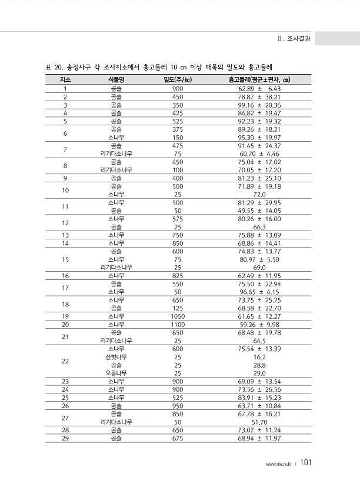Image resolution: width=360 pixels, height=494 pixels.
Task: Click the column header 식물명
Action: click(116, 79)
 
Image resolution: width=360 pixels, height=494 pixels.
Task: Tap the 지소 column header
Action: click(65, 79)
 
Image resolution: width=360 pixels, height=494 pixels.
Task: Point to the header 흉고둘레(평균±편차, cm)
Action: click(259, 79)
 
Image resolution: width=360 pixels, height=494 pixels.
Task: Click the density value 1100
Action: click(178, 324)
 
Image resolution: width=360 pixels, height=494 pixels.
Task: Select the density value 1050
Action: click(178, 316)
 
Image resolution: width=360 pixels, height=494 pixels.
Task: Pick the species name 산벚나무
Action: click(116, 357)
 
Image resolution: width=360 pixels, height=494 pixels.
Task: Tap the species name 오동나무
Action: click(116, 373)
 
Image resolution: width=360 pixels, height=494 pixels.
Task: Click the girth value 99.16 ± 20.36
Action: click(259, 105)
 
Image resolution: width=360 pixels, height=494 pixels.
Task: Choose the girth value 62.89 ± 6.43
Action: click(259, 88)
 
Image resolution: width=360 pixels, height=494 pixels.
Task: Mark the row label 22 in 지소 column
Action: click(65, 361)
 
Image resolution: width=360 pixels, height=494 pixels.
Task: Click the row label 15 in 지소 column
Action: click(65, 259)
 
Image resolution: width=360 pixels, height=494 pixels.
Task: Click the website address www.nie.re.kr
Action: click(279, 464)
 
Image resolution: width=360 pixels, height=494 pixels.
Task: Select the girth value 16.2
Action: click(259, 357)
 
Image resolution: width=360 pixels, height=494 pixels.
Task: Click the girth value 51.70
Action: click(259, 422)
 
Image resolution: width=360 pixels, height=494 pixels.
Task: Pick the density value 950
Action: click(178, 406)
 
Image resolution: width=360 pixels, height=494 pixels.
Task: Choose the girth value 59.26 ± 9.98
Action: click(259, 324)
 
